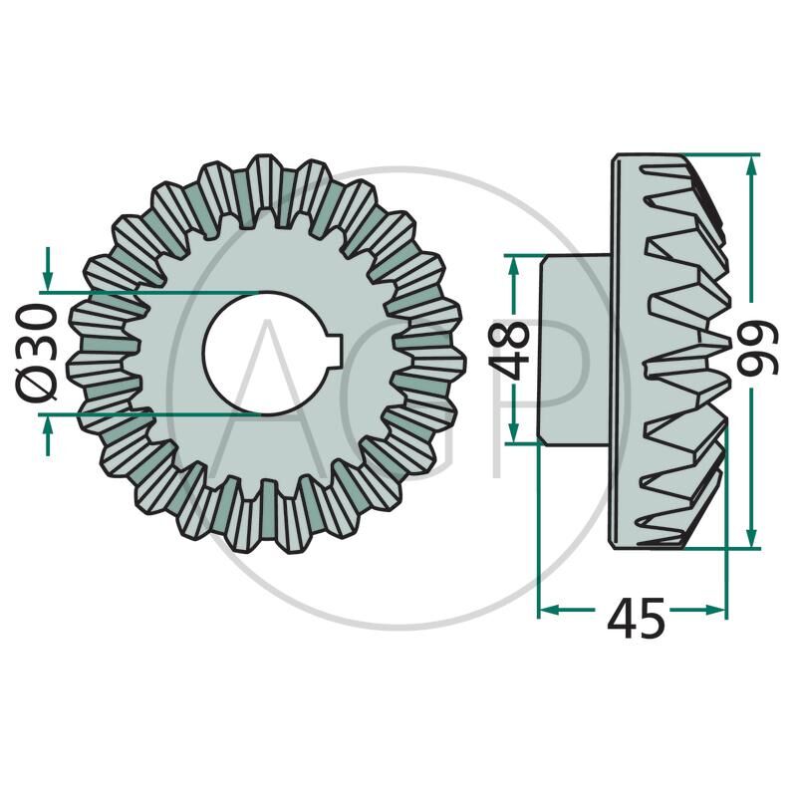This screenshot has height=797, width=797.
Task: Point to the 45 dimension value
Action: [x=636, y=621]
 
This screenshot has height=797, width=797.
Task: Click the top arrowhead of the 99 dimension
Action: [x=752, y=164]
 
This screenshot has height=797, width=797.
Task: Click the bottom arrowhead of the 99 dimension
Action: [x=752, y=538]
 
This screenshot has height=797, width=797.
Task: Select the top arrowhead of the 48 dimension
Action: [x=513, y=265]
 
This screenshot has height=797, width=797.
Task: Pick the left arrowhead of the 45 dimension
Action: [x=549, y=609]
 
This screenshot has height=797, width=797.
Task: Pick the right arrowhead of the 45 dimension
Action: [x=716, y=609]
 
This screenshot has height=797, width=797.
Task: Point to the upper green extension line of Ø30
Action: [x=149, y=292]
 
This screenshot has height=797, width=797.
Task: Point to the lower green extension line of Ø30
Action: [x=149, y=411]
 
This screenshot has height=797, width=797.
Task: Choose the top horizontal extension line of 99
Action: [x=717, y=154]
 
